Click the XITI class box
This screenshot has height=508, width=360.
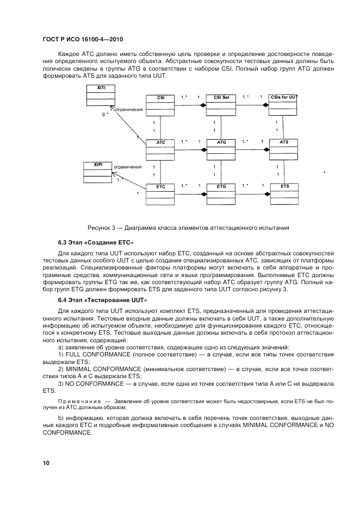(101, 96)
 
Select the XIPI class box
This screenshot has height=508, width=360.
(97, 171)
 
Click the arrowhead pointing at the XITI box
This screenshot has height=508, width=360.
(112, 107)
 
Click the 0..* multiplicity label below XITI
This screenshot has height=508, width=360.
(105, 115)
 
